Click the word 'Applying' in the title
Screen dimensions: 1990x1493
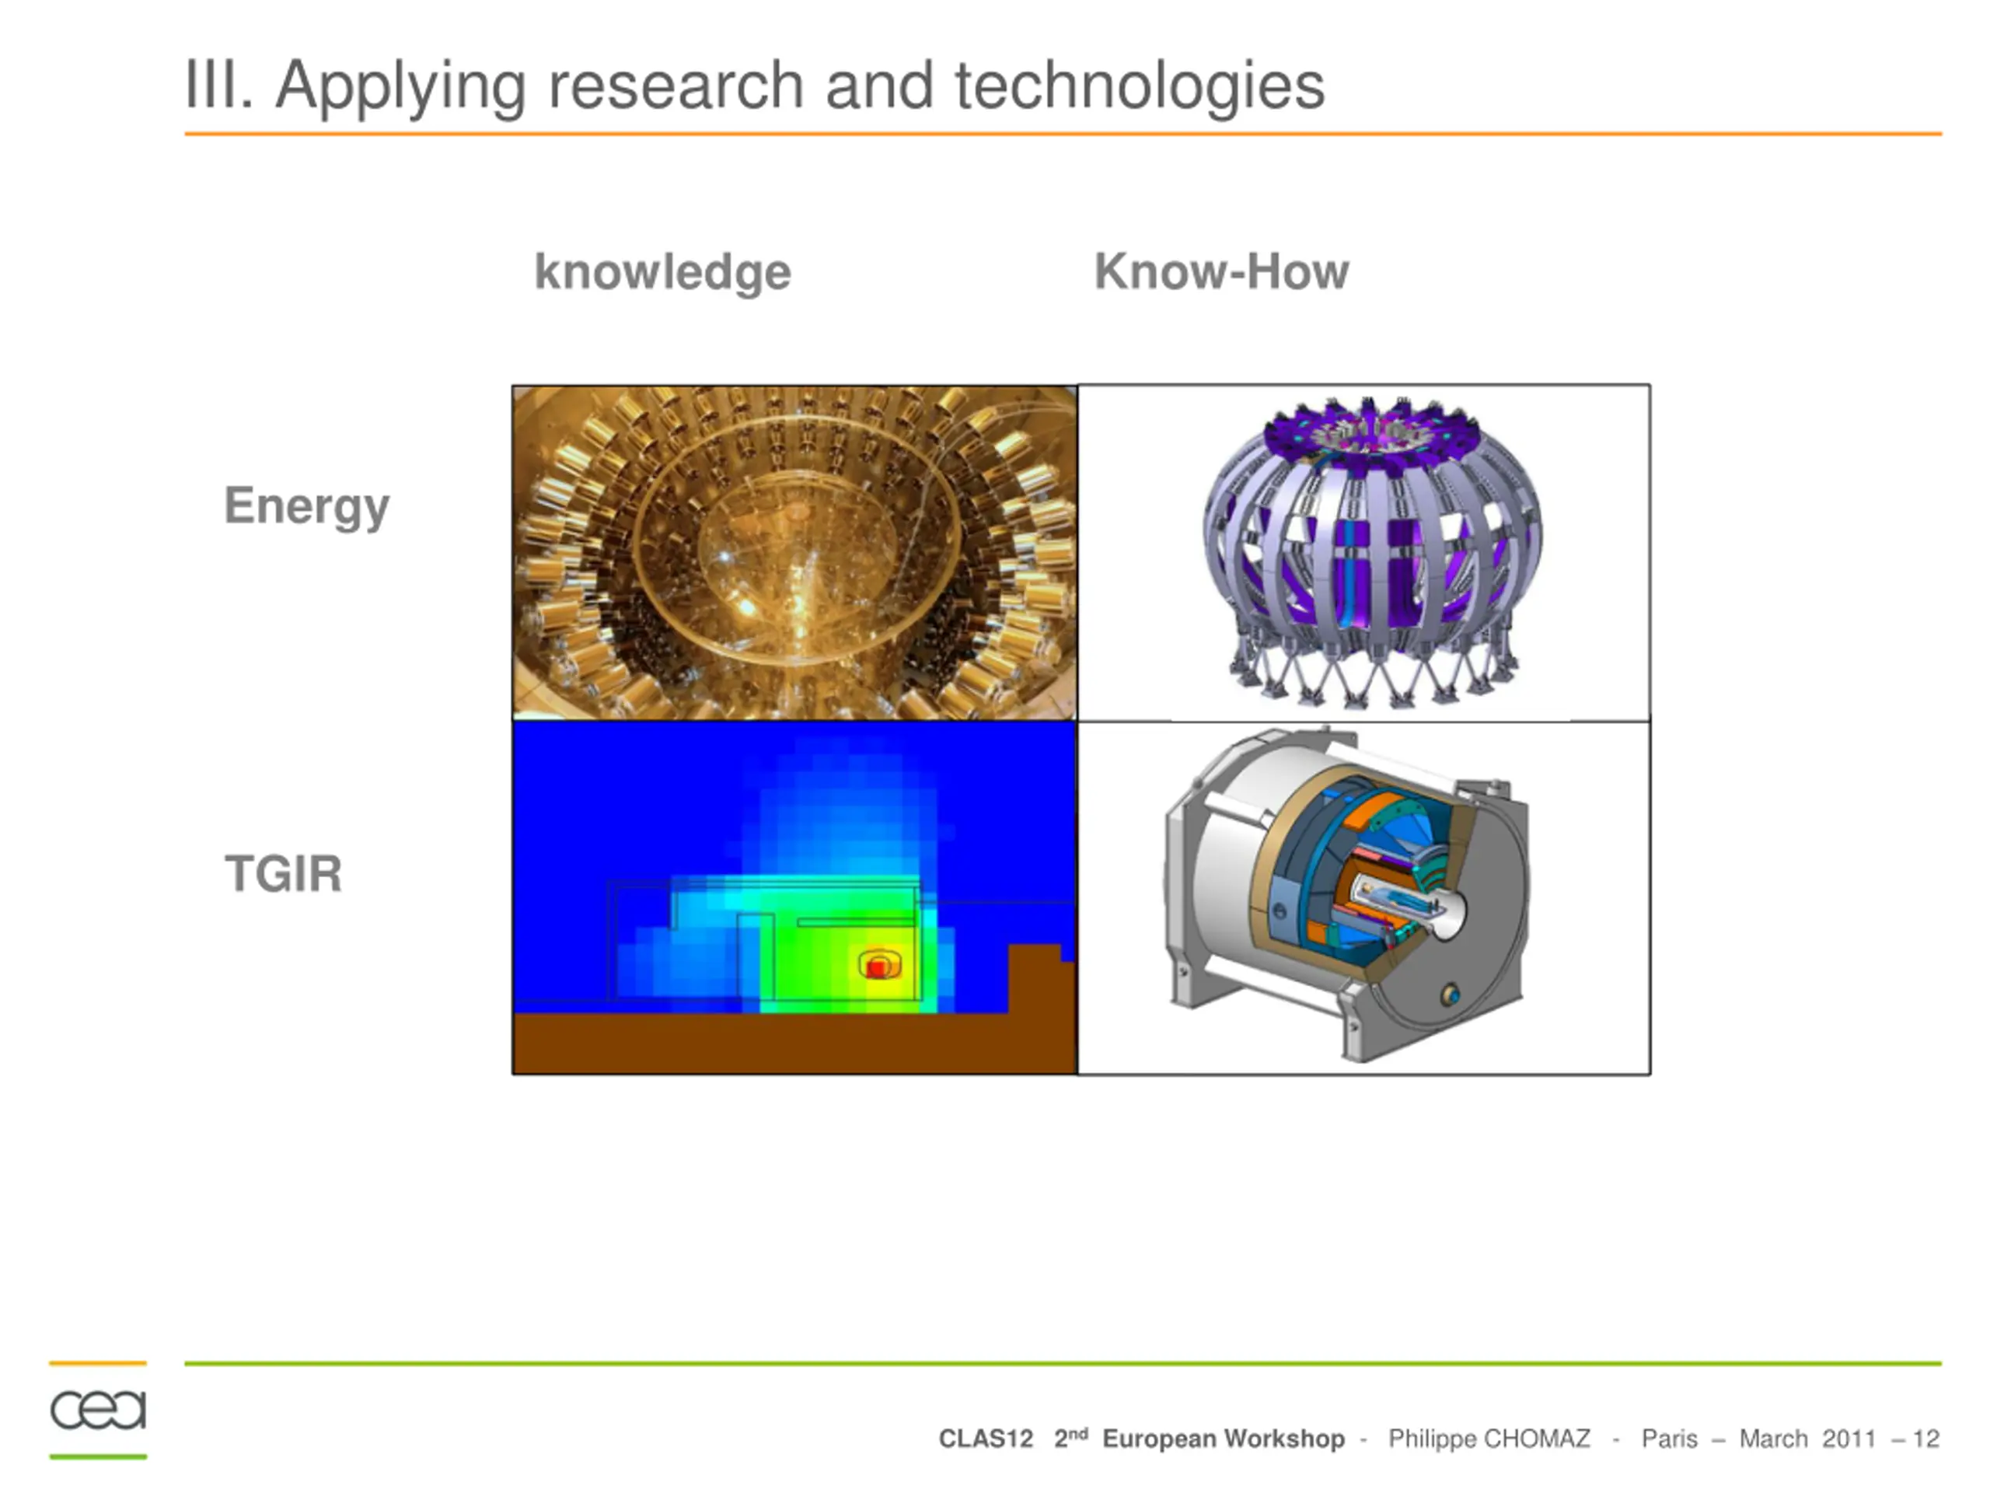pos(400,88)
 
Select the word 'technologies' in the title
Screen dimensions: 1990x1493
pos(1140,86)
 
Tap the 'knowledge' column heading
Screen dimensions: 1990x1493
pos(663,273)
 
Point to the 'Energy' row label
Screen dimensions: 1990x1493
pos(307,508)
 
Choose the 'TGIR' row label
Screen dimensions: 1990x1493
pos(284,874)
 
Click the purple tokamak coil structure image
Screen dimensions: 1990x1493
pos(1371,551)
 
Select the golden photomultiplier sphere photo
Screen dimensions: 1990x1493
pos(794,553)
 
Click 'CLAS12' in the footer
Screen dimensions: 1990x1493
pos(986,1439)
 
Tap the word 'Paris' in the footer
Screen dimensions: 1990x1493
pos(1670,1439)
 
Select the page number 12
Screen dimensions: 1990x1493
pos(1926,1439)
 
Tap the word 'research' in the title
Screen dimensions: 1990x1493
pos(676,86)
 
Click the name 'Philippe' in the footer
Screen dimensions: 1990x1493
pos(1432,1440)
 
